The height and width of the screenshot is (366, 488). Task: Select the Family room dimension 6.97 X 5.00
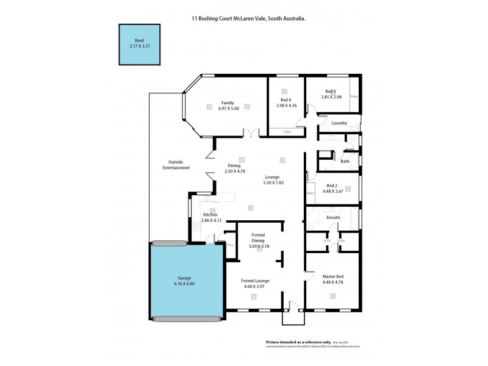point(228,109)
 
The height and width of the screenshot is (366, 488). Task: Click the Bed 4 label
point(286,99)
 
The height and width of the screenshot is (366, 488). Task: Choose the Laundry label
point(339,123)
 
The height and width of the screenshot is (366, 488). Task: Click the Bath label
point(345,162)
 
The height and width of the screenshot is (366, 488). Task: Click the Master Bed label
point(332,277)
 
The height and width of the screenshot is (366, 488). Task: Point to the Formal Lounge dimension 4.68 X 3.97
point(256,286)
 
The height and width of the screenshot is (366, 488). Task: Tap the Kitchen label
point(210,215)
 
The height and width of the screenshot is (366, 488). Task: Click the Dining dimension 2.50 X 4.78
point(234,171)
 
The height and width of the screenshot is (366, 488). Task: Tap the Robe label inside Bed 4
point(287,132)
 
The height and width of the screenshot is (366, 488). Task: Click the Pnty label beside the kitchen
point(231,245)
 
